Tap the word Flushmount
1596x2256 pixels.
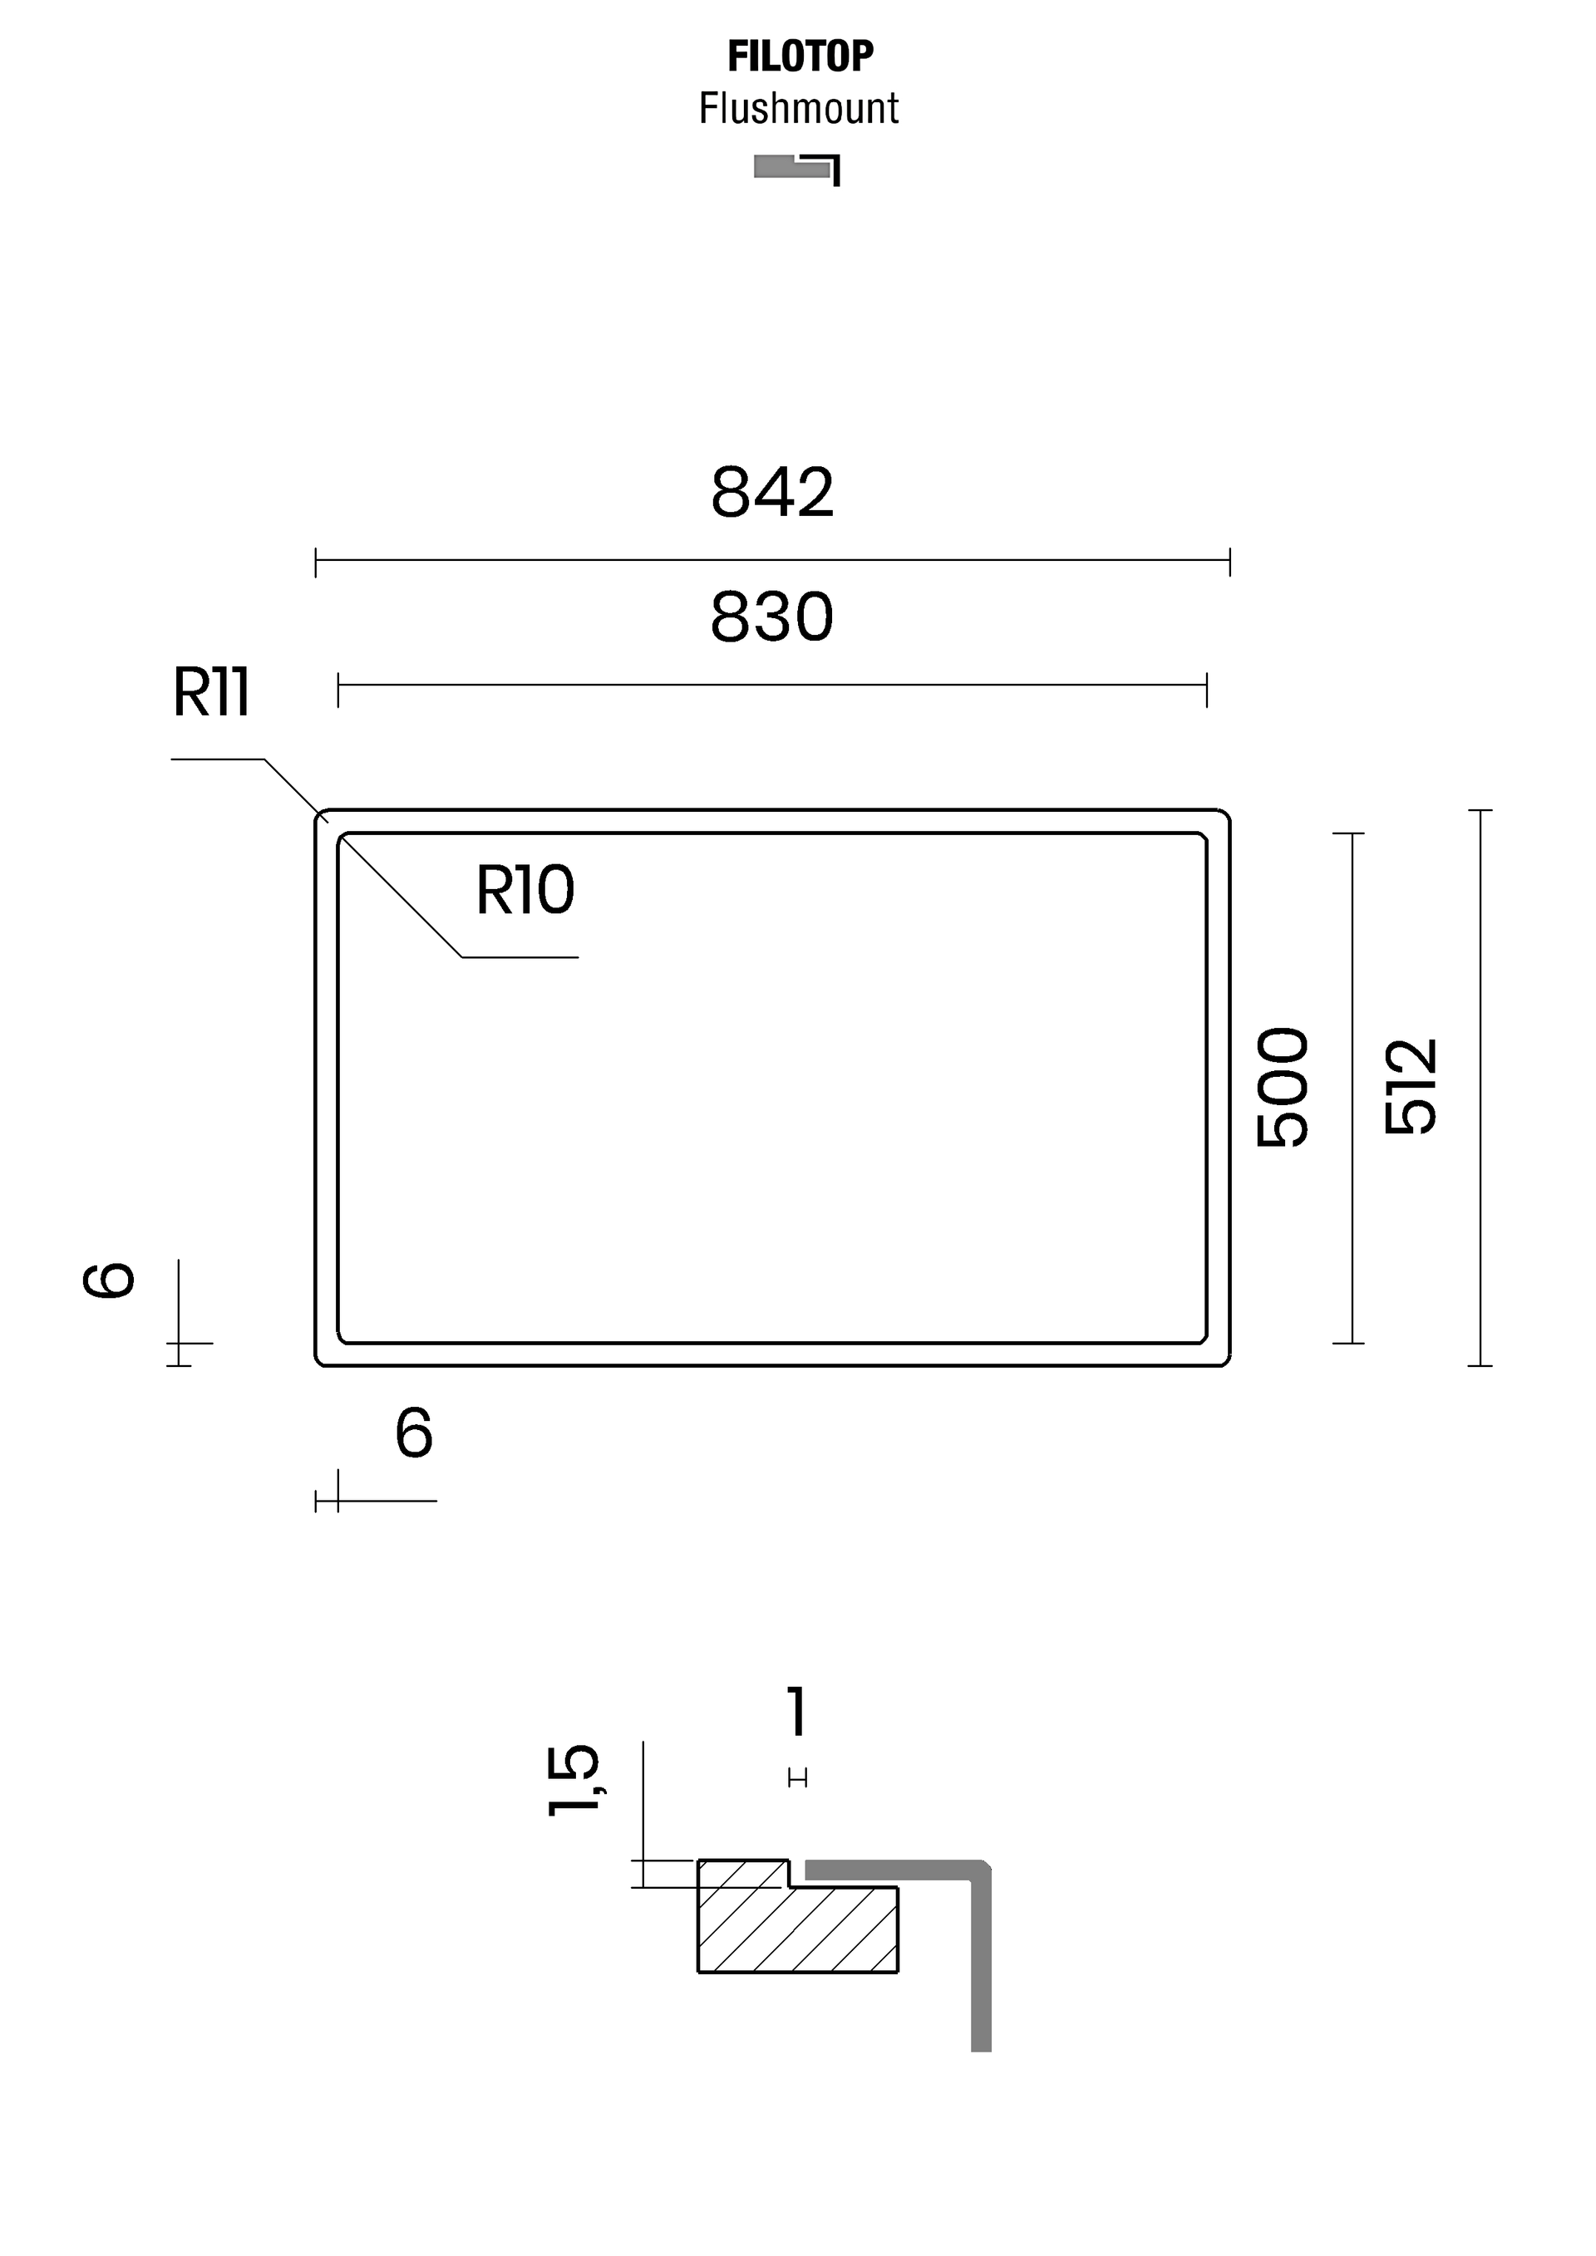(x=798, y=108)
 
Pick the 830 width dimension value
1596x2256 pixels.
(x=772, y=617)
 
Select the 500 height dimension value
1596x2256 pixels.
(x=1283, y=1088)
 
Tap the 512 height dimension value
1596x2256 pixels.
(x=1411, y=1087)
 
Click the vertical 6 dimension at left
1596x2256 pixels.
(x=109, y=1280)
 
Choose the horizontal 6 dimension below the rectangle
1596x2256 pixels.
(x=414, y=1433)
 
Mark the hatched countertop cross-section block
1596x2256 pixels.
(x=797, y=1915)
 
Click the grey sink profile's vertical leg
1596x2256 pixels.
(x=981, y=1961)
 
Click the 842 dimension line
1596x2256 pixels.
(x=772, y=561)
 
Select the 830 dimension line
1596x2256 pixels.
(x=772, y=686)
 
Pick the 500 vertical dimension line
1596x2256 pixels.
(x=1352, y=1088)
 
